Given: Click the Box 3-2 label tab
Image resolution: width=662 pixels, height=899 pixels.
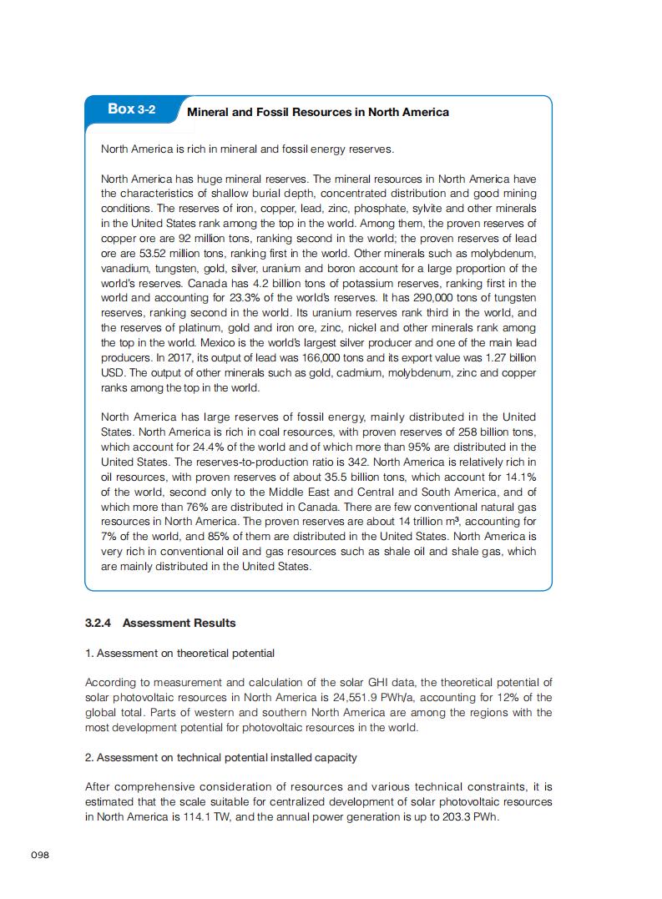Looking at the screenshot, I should [131, 109].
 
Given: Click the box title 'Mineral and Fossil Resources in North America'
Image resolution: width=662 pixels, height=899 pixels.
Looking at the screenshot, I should [318, 112].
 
